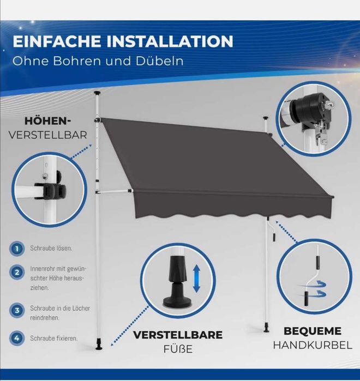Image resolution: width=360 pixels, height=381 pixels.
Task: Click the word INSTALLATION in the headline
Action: (x=170, y=41)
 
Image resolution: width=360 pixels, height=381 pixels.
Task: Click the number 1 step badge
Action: (x=17, y=249)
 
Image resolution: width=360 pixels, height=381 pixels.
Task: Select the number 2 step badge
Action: (x=17, y=272)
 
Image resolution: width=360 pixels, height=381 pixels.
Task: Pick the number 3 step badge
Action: (x=17, y=310)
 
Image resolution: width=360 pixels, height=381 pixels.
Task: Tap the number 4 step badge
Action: (x=17, y=338)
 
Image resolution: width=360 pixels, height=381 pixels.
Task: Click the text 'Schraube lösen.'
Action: (x=51, y=249)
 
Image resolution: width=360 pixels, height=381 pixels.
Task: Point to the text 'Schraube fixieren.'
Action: (x=53, y=338)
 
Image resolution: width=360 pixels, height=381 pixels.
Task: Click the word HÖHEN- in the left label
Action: (x=47, y=121)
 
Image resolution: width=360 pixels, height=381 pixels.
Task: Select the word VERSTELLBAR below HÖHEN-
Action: (x=47, y=135)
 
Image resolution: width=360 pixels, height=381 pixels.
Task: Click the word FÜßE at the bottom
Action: (x=178, y=349)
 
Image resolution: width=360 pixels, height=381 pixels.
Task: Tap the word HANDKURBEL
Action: (x=313, y=345)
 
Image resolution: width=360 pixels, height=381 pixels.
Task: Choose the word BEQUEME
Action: (x=313, y=331)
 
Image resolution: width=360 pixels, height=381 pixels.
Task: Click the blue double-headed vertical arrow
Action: (x=196, y=279)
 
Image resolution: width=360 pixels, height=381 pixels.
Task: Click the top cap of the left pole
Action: (x=98, y=93)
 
